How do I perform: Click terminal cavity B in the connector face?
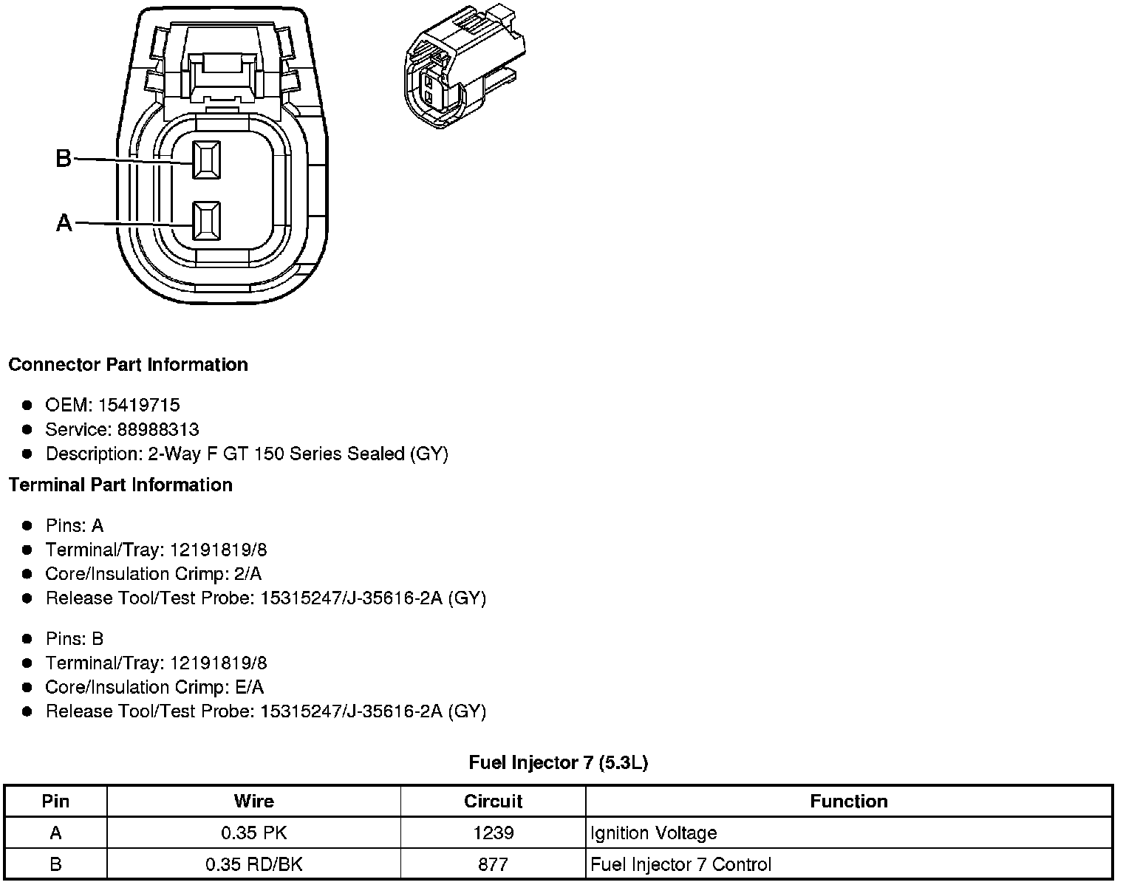pos(206,160)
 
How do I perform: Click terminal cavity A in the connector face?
pos(206,221)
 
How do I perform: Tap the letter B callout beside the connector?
pos(64,158)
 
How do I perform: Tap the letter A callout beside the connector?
pos(64,222)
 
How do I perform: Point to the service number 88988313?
pos(158,429)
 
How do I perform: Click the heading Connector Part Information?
pos(129,365)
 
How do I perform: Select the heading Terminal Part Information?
pos(120,485)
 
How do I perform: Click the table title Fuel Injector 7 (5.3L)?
pos(559,762)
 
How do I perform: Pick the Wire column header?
pos(253,802)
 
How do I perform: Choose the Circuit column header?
pos(493,802)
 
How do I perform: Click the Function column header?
pos(848,802)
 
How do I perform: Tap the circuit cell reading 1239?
pos(493,833)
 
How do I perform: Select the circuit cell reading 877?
pos(493,864)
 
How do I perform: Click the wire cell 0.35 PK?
pos(253,833)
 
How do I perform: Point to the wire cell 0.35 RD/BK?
pos(253,864)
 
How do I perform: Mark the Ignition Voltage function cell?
pos(654,833)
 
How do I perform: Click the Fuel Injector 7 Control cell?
pos(681,864)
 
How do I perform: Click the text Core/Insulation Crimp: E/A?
pos(154,687)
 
